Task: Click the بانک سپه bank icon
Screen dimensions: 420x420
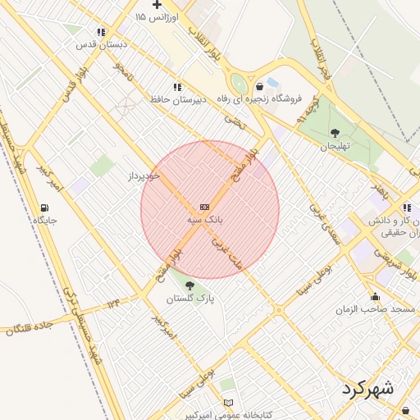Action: (204, 207)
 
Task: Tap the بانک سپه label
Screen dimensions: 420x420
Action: (203, 220)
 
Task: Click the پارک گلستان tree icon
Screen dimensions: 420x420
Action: (191, 285)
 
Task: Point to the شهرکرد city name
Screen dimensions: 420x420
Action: (366, 387)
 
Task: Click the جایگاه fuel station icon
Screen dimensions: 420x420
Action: (43, 208)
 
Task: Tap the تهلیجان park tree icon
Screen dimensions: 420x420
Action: (335, 133)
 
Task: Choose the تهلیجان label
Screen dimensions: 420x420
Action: (335, 146)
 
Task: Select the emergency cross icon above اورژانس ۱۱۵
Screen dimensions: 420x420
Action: (156, 5)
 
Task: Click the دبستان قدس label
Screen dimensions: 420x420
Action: (94, 44)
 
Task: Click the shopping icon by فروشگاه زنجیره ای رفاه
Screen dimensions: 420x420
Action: (260, 86)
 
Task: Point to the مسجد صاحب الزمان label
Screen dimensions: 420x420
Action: (376, 310)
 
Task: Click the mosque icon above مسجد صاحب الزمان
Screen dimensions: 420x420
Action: (376, 297)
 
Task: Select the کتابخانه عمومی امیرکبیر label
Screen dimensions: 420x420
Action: (226, 415)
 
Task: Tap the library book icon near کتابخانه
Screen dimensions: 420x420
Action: (229, 403)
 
